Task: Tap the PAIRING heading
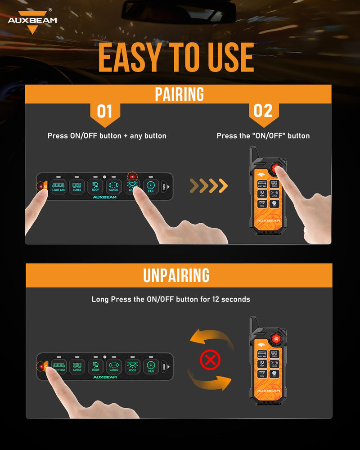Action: pos(179,94)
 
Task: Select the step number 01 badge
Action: pos(104,111)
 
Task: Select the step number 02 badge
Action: pos(263,111)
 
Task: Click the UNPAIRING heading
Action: pos(176,275)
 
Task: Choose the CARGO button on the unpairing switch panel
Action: pos(114,365)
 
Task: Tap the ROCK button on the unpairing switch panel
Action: pos(132,365)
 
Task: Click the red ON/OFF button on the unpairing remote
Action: pos(276,339)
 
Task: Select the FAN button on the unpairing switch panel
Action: pos(151,365)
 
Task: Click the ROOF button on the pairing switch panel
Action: pos(95,185)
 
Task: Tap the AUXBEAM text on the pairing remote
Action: pos(268,220)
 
